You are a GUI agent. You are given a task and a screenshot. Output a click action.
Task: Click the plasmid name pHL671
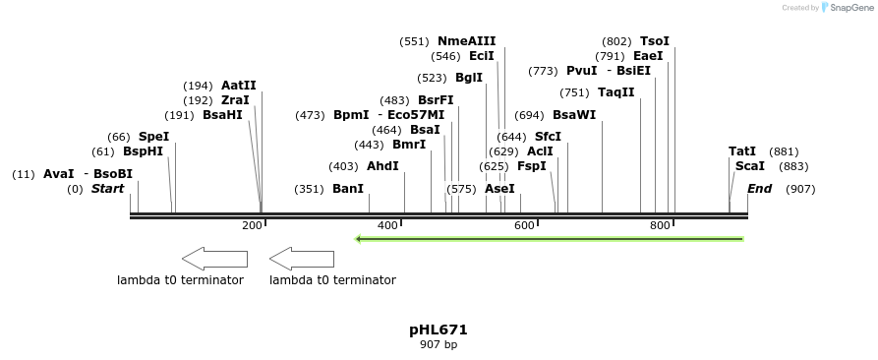438,330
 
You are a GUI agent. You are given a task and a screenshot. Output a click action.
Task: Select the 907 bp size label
438,345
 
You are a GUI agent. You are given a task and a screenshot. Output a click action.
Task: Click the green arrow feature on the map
549,238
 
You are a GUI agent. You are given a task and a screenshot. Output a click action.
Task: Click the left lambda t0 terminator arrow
215,259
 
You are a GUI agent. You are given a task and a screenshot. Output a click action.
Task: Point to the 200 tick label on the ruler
252,225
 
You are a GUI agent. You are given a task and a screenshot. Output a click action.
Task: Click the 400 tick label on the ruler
387,225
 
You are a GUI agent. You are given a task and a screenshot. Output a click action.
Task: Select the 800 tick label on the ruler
660,225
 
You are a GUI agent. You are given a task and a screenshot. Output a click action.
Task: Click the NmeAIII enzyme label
466,41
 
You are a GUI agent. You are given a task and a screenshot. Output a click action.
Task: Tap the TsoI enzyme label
654,41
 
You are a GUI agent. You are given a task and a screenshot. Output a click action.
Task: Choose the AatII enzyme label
238,86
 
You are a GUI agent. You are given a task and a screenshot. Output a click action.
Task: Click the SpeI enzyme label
153,137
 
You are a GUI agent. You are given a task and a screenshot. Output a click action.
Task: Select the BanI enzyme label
348,189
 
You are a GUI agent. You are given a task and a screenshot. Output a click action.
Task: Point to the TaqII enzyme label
616,92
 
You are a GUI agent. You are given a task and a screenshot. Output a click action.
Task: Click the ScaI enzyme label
749,166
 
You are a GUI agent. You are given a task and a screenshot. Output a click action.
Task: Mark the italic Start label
107,189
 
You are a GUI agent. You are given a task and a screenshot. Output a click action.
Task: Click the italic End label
759,189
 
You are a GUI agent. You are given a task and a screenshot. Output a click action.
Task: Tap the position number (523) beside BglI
432,78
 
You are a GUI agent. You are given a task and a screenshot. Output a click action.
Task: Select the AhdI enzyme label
382,166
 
